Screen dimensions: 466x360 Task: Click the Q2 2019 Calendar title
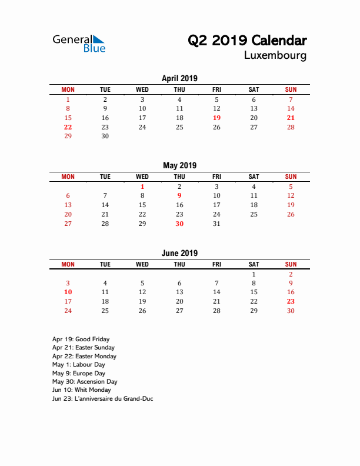click(x=247, y=41)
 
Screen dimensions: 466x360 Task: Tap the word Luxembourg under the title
click(x=275, y=56)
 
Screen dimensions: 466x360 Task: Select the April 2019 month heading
click(x=179, y=78)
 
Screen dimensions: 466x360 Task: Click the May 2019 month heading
click(x=179, y=165)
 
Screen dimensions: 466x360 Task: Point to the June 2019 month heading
click(x=179, y=253)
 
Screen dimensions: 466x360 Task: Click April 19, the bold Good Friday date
click(x=216, y=118)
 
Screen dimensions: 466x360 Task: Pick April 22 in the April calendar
click(x=68, y=127)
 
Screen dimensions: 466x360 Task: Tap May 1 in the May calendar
click(x=142, y=187)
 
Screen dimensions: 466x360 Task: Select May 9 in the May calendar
click(x=179, y=195)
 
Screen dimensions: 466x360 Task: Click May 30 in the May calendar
click(x=179, y=224)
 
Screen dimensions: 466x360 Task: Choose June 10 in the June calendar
click(x=68, y=292)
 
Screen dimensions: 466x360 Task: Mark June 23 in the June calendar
click(x=291, y=301)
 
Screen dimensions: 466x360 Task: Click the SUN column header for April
click(x=291, y=89)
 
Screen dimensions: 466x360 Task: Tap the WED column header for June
click(x=142, y=264)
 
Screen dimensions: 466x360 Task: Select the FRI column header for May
click(x=216, y=177)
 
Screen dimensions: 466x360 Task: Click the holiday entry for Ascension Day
click(x=85, y=382)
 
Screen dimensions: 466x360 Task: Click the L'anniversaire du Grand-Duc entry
click(x=102, y=398)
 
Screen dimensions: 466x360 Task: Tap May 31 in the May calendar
click(x=216, y=224)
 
